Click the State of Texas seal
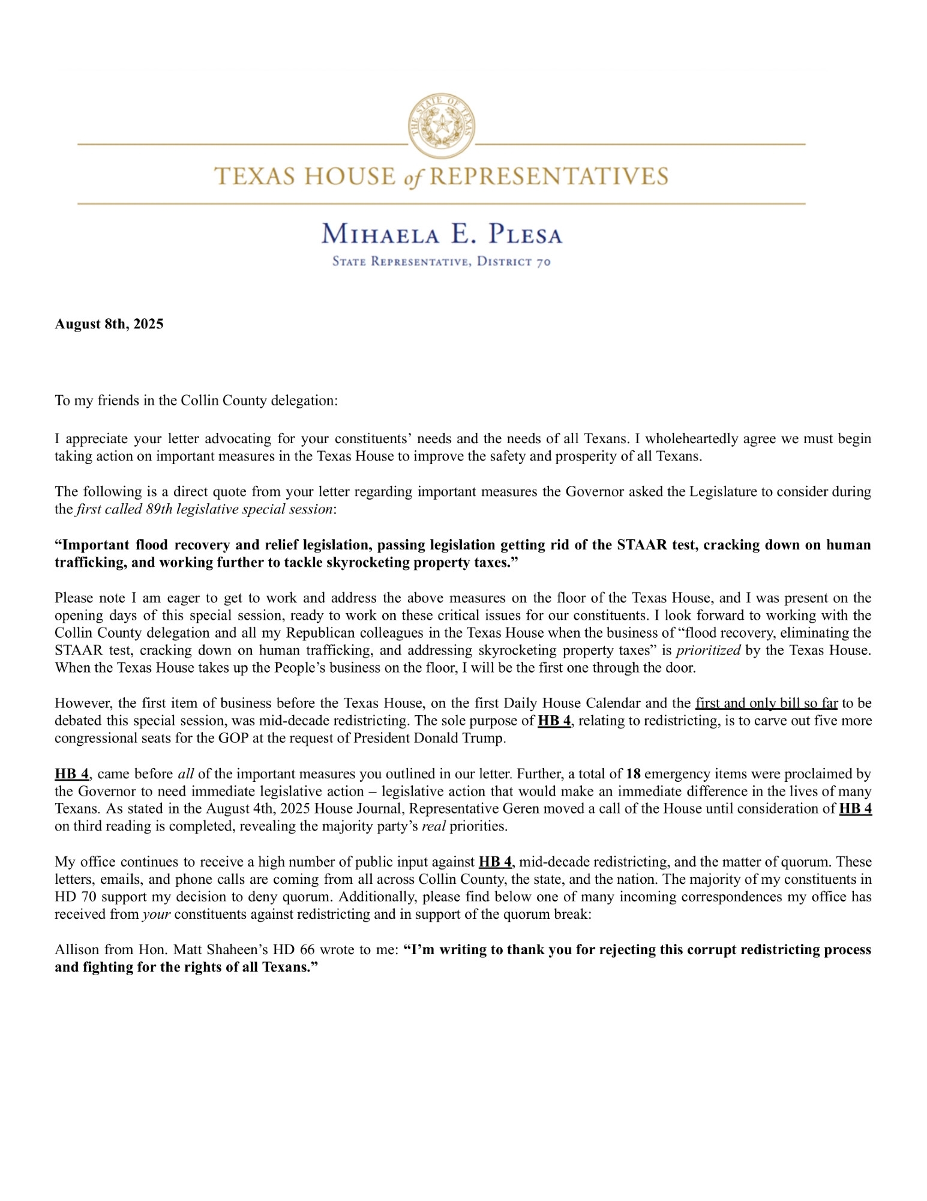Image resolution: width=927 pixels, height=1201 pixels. click(442, 126)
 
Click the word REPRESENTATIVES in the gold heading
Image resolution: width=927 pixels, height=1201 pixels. click(549, 177)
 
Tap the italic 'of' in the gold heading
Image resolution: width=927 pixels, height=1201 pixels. click(413, 178)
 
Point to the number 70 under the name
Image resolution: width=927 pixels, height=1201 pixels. click(544, 262)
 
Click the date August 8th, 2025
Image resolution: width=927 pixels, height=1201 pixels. click(109, 324)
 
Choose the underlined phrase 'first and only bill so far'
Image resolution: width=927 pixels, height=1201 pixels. click(766, 703)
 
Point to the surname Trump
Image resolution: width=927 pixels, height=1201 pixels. click(485, 738)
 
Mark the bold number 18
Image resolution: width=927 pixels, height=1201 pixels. click(633, 774)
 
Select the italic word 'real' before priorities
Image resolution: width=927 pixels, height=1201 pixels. click(434, 826)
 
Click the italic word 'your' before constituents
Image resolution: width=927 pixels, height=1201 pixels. click(157, 915)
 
